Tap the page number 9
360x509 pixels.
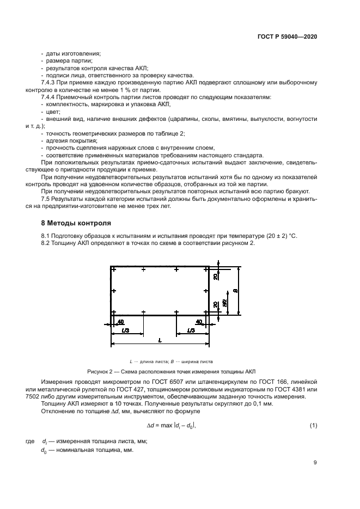tap(315, 463)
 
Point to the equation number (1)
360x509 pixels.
tap(313, 425)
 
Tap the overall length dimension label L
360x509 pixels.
tap(160, 340)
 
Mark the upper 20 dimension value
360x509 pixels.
tap(216, 278)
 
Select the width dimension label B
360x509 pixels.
tap(235, 291)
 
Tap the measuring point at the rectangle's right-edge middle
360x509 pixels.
tap(208, 291)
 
